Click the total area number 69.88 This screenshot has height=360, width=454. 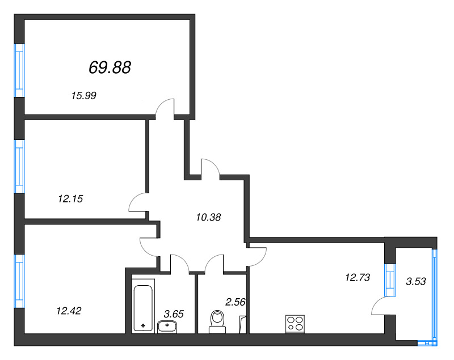tap(110, 67)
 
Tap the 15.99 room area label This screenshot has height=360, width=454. tap(83, 95)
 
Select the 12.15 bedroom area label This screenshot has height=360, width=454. tap(70, 198)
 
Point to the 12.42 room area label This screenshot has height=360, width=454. tap(69, 311)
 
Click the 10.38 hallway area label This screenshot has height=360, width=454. tap(208, 217)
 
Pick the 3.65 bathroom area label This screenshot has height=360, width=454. tap(174, 314)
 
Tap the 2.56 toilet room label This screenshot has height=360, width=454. tap(235, 302)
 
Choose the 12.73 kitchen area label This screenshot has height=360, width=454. tap(358, 278)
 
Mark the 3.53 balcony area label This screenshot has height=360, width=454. tap(416, 281)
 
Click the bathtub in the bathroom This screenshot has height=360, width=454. tap(143, 305)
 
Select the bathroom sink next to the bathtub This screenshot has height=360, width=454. tap(167, 327)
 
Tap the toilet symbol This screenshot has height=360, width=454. tap(217, 322)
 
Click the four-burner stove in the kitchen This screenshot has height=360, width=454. tap(295, 324)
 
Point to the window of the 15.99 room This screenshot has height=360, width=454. tap(19, 70)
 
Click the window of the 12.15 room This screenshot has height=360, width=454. tap(19, 167)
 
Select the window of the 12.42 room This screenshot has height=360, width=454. tap(19, 281)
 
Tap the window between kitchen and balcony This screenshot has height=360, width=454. tap(390, 280)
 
